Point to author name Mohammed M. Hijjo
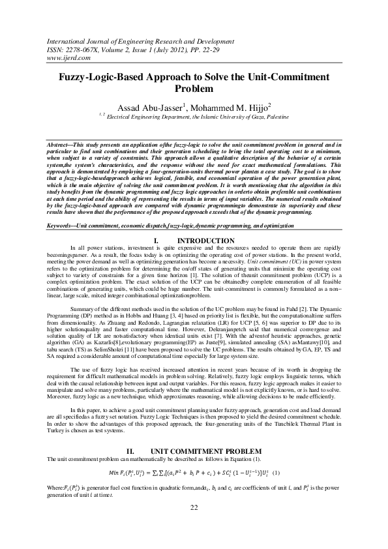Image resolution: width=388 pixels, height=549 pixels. (x=230, y=106)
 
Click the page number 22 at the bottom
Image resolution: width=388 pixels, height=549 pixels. (x=194, y=526)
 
